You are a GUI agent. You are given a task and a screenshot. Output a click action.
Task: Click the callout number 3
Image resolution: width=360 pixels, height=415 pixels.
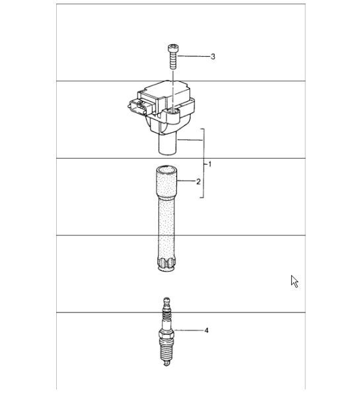coord(213,57)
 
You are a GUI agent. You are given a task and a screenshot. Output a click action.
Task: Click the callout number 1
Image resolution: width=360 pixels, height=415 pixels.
coord(210,164)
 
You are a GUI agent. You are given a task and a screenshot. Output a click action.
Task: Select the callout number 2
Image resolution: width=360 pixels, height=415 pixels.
coord(198,181)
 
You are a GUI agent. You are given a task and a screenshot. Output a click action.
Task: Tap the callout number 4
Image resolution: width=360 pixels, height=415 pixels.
coord(206,330)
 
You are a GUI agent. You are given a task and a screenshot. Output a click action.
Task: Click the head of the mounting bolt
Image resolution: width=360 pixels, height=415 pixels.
coord(172,49)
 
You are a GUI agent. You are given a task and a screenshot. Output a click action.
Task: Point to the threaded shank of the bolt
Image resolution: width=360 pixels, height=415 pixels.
coord(172,62)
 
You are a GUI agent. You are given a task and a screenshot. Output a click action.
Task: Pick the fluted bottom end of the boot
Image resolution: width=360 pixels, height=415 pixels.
coord(166,264)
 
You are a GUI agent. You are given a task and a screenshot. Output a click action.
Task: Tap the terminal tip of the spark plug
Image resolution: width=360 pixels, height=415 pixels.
coord(166,301)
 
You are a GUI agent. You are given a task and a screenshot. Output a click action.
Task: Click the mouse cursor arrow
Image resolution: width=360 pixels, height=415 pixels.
coord(294,281)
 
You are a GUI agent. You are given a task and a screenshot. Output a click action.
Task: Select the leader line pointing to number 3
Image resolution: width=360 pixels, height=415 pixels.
coord(194,57)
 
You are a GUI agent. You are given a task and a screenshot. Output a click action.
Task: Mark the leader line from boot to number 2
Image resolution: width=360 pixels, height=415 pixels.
coord(186,181)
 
